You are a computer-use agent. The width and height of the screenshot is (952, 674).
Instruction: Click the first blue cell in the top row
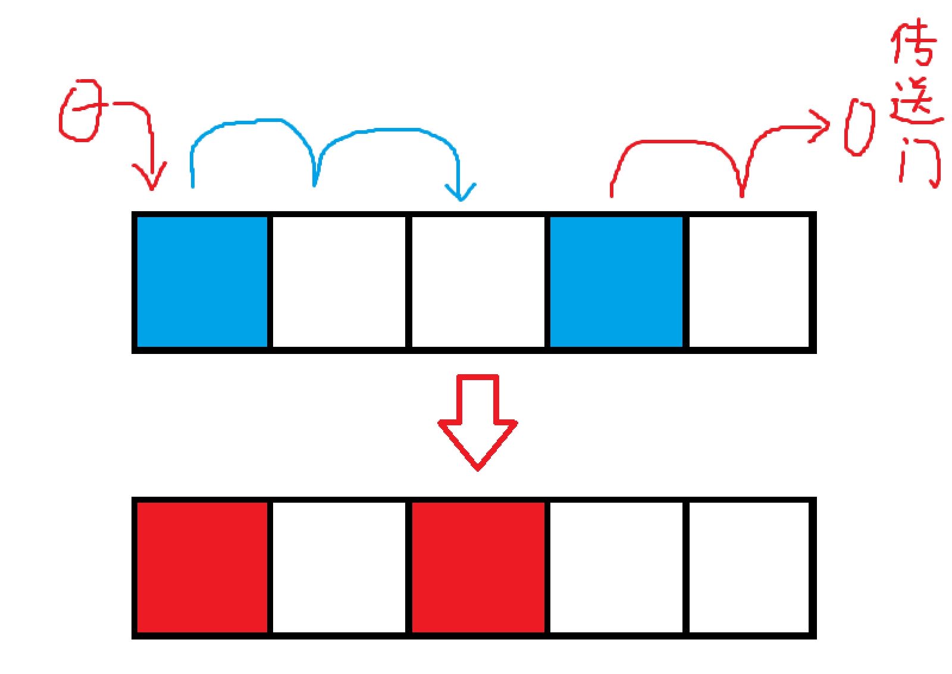(202, 281)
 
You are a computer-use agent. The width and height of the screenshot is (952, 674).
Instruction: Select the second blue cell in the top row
(616, 281)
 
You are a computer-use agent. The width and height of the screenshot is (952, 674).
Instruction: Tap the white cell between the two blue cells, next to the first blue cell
(339, 281)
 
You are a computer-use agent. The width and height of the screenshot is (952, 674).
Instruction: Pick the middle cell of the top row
(478, 281)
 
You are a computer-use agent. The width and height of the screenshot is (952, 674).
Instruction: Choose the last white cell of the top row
(749, 281)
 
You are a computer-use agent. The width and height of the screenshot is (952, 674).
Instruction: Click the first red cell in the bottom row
(202, 567)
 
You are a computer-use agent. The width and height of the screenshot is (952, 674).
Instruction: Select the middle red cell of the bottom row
(478, 567)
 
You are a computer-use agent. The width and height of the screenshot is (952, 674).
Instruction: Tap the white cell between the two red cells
(339, 567)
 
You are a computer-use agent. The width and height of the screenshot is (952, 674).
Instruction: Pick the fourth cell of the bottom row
(616, 567)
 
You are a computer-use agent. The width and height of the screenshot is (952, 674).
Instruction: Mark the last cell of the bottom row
(749, 567)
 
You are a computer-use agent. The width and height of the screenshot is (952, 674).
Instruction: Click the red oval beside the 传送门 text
(859, 127)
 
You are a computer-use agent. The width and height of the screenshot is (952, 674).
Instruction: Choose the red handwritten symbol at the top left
(80, 111)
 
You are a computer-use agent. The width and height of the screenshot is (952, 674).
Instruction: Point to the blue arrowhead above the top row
(461, 192)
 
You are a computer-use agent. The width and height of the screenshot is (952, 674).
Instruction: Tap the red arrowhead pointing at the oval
(820, 126)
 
